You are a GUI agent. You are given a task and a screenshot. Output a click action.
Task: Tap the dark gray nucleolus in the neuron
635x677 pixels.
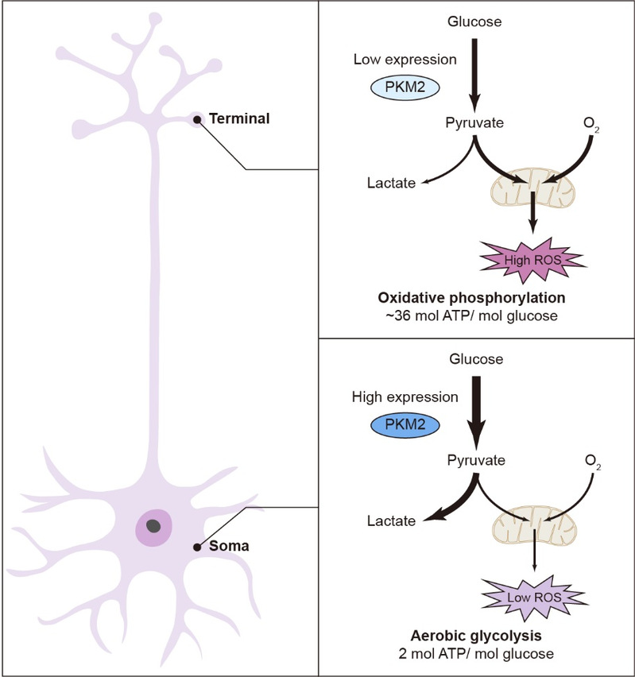click(x=153, y=525)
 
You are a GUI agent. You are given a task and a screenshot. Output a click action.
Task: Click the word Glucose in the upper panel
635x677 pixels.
click(x=476, y=21)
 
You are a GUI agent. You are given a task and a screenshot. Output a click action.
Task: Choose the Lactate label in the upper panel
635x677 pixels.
click(x=391, y=184)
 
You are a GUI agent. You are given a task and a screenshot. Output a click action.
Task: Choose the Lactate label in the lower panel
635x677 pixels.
click(x=391, y=520)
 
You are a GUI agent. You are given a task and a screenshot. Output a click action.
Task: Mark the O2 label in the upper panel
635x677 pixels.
click(x=590, y=124)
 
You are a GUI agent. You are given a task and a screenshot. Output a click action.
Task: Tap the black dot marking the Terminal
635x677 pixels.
click(x=197, y=120)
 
